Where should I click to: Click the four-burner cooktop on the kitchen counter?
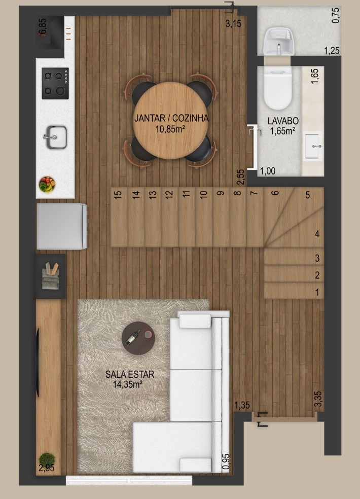[55, 83]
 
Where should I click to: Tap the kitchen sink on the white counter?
[55, 137]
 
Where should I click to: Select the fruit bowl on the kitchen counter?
[47, 185]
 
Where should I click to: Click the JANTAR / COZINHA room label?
[171, 118]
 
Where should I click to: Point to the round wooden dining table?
[170, 120]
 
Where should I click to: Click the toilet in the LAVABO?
[277, 88]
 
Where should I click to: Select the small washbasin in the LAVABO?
[313, 146]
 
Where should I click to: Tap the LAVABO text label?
[282, 121]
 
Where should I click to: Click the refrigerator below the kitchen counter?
[62, 226]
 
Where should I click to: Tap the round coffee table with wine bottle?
[138, 338]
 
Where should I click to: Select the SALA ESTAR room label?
[130, 374]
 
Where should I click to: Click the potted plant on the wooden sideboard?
[47, 460]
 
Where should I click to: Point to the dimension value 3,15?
[233, 23]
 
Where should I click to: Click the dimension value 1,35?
[242, 405]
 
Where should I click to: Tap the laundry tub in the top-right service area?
[279, 41]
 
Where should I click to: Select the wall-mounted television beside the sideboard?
[38, 363]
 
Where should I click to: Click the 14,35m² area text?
[127, 384]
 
